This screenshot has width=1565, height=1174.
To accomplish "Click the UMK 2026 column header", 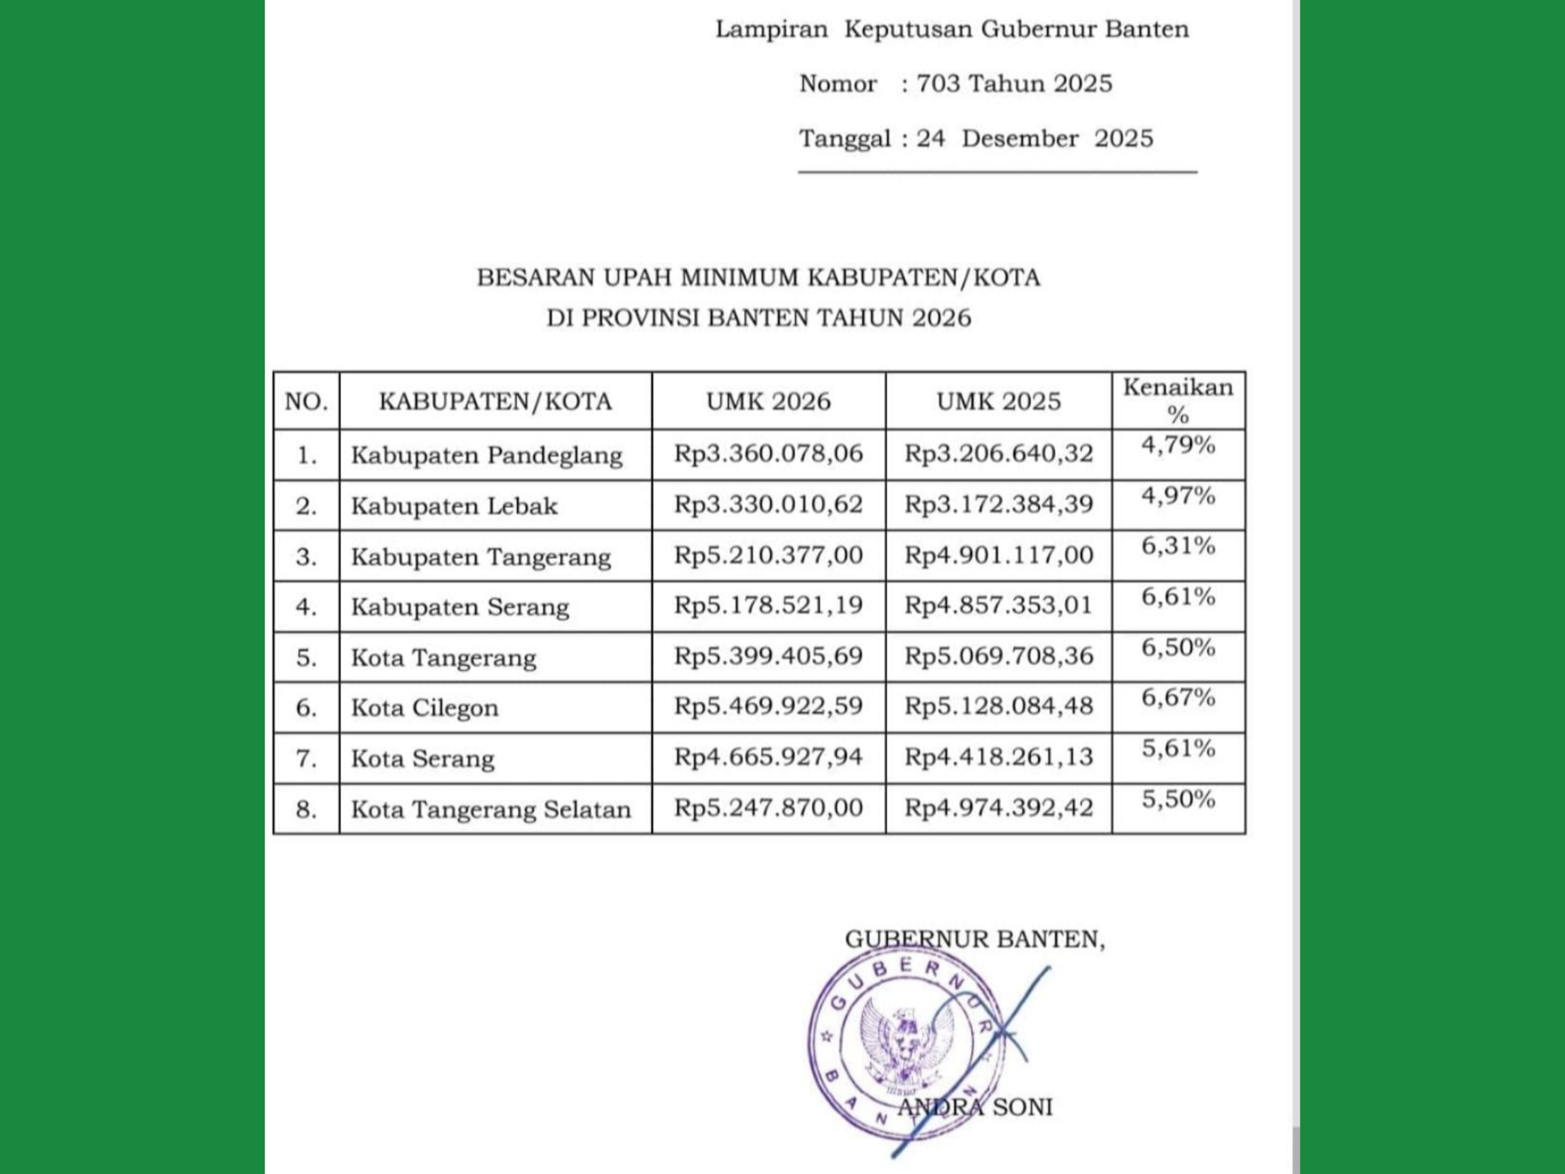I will click(768, 401).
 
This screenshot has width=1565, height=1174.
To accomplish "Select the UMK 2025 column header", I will click(998, 401).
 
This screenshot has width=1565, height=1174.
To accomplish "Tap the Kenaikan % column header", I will click(1178, 401).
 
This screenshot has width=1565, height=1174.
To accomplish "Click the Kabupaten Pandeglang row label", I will click(487, 455).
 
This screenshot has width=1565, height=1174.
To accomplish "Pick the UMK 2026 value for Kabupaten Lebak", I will click(768, 504).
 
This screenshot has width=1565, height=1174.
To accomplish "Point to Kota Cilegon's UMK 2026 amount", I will click(768, 706).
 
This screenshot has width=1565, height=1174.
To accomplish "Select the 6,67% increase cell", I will click(1178, 698).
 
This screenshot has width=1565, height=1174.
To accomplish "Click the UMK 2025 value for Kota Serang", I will click(998, 757).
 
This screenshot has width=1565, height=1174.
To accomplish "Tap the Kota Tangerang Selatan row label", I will click(491, 810).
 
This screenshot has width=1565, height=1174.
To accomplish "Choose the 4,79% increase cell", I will click(1178, 445).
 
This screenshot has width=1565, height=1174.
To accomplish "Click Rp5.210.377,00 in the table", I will click(768, 555).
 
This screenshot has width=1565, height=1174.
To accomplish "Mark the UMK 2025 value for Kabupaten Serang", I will click(998, 606).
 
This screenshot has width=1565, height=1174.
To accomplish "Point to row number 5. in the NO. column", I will click(306, 658).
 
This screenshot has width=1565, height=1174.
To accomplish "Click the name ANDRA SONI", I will click(975, 1107).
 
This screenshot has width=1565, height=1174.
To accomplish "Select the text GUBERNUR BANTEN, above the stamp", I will click(974, 939).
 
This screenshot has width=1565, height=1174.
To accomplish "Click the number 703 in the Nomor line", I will click(938, 84).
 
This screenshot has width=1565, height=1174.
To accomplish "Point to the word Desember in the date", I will click(1020, 138).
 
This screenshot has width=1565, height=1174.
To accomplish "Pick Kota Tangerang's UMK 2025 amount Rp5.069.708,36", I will click(998, 656).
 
